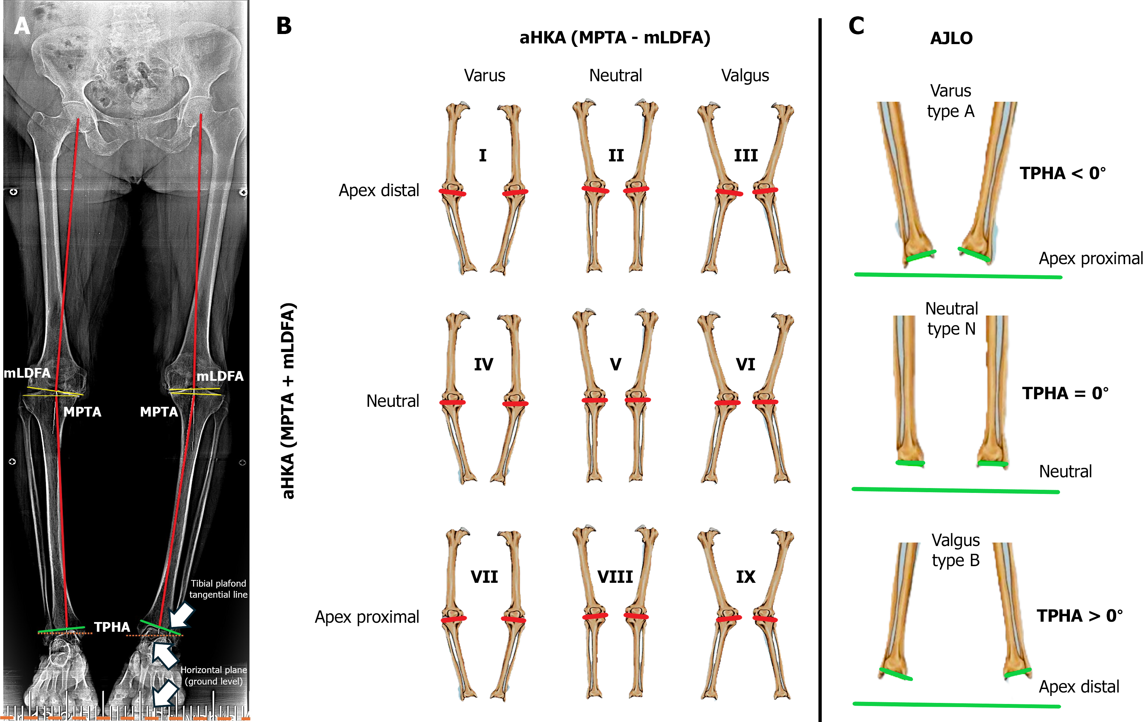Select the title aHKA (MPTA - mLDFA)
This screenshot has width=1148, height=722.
614,37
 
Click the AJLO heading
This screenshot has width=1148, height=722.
951,38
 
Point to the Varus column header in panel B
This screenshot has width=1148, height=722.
484,75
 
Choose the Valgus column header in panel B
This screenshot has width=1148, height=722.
745,75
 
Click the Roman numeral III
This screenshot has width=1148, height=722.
746,156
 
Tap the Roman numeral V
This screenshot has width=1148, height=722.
615,364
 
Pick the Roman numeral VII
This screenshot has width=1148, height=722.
484,577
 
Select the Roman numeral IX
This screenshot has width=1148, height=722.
746,577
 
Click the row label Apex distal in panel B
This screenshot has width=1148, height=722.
379,190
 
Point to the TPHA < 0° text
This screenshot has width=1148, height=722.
1062,173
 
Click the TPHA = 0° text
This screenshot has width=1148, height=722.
1065,393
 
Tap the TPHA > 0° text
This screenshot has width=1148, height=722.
1079,616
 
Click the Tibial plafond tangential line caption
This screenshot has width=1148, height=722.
218,589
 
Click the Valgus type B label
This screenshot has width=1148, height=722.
955,551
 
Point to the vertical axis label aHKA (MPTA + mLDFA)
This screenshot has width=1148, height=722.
288,400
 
